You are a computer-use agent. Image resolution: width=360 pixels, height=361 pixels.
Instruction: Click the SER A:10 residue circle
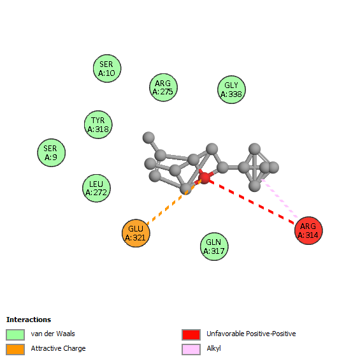click(x=107, y=68)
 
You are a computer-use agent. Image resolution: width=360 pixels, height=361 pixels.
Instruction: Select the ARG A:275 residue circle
click(x=163, y=87)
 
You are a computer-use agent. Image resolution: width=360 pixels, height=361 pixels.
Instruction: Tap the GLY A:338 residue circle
click(x=231, y=89)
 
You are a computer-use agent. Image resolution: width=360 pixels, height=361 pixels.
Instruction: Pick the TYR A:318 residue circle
click(x=98, y=124)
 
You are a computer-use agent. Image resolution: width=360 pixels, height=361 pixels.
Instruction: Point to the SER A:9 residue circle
click(x=52, y=152)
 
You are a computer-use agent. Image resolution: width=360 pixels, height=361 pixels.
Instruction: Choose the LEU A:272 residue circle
click(x=96, y=188)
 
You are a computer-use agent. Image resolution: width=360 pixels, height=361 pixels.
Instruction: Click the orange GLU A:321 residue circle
click(x=136, y=233)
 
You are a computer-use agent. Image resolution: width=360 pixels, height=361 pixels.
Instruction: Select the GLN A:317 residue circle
click(x=214, y=246)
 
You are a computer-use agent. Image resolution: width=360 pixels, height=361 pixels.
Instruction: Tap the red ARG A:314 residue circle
click(x=308, y=230)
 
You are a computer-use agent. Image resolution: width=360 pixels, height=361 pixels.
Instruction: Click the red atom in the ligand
click(x=204, y=178)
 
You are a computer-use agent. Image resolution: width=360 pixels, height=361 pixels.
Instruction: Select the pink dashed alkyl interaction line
click(x=280, y=198)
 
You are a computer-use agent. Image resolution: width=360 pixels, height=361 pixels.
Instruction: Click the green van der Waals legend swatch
click(x=15, y=334)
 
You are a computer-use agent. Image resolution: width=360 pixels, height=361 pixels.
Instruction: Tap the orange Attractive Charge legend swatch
click(x=15, y=350)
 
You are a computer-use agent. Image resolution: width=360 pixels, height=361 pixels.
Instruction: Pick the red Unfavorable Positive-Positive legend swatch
click(x=191, y=334)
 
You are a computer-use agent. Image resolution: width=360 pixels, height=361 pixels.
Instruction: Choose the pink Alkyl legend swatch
click(x=191, y=350)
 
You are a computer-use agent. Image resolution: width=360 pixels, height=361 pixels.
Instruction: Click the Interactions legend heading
click(x=29, y=320)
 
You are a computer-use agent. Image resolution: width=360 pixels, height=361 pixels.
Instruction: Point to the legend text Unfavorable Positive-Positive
click(x=251, y=334)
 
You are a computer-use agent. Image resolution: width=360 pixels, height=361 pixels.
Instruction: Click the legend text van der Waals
click(x=53, y=334)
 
